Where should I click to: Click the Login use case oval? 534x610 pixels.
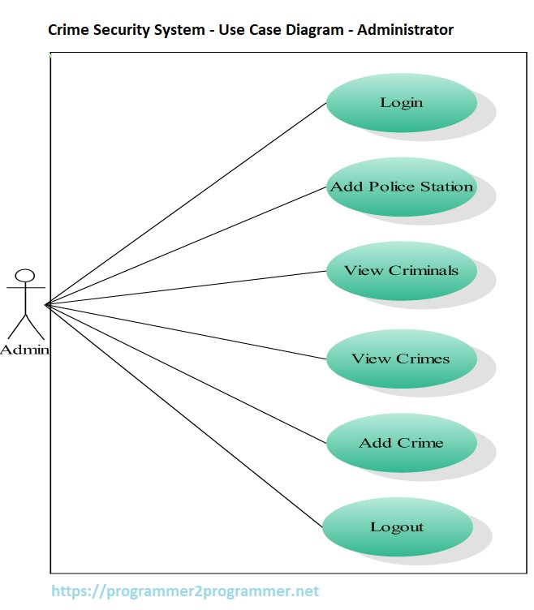[x=401, y=103]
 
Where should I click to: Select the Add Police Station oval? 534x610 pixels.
[x=401, y=187]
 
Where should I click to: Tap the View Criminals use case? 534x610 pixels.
[x=401, y=271]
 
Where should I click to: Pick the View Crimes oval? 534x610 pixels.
[x=401, y=359]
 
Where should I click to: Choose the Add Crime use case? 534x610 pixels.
[x=401, y=443]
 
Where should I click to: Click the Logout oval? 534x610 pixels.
[x=398, y=527]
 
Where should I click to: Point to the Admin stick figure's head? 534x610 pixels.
[x=26, y=275]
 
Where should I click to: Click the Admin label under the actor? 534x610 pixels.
[x=24, y=350]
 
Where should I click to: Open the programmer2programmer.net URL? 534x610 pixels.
[x=185, y=591]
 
